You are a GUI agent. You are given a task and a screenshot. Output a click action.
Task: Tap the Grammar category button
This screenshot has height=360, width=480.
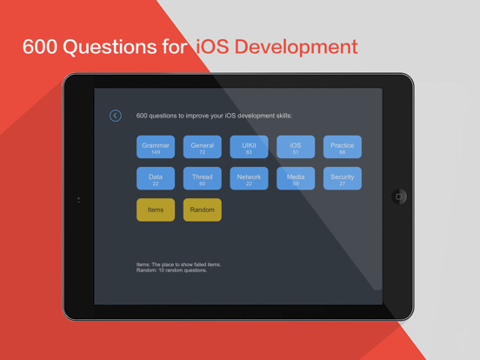click(x=156, y=147)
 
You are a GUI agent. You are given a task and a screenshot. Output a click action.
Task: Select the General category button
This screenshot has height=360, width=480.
click(x=203, y=147)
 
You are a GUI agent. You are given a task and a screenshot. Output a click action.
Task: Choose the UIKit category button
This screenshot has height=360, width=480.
click(x=249, y=147)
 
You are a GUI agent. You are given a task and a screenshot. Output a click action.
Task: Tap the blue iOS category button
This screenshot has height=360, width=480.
click(x=296, y=147)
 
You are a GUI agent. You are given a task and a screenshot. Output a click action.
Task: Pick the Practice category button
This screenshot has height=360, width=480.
click(x=343, y=147)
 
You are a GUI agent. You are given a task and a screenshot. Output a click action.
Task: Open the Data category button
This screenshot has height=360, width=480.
click(x=156, y=178)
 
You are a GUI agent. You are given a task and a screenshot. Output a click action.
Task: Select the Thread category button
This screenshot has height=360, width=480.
click(x=203, y=178)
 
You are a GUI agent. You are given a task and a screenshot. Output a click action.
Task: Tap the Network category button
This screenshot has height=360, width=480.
click(x=249, y=178)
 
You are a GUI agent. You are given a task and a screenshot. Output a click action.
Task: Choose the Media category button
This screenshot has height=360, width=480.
click(x=296, y=178)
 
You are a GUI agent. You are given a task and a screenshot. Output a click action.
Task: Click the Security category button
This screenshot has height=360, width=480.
click(x=343, y=178)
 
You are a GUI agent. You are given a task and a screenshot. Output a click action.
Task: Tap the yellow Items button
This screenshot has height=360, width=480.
click(x=156, y=210)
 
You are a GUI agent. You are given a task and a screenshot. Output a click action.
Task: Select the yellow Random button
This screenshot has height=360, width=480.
click(x=203, y=210)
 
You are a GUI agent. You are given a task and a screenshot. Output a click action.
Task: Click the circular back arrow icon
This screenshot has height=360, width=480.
click(x=116, y=116)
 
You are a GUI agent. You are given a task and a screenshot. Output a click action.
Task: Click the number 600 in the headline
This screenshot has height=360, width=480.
click(x=39, y=47)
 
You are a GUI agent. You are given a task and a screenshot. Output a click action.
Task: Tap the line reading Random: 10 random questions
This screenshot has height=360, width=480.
click(x=172, y=270)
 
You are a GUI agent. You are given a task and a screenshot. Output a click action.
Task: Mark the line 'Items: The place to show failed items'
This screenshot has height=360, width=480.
click(x=178, y=264)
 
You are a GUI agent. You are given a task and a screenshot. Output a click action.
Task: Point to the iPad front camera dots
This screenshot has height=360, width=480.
click(x=78, y=200)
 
